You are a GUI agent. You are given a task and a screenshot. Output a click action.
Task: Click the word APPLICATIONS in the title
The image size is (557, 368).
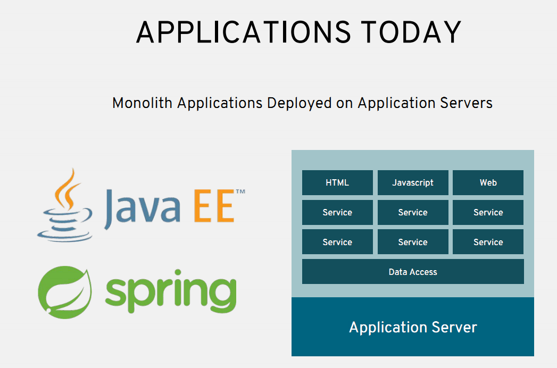pyautogui.click(x=243, y=32)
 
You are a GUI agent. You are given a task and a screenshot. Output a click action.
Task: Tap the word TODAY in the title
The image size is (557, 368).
pyautogui.click(x=411, y=32)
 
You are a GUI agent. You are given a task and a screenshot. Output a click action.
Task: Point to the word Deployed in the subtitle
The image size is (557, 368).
pyautogui.click(x=299, y=103)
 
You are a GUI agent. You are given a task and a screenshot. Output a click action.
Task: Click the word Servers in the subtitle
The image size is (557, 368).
pyautogui.click(x=466, y=103)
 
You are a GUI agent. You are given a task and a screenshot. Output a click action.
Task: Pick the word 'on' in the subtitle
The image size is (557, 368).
pyautogui.click(x=344, y=104)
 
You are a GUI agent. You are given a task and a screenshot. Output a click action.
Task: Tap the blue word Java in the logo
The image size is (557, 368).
pyautogui.click(x=142, y=209)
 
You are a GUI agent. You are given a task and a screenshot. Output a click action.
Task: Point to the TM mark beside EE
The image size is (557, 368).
pyautogui.click(x=240, y=191)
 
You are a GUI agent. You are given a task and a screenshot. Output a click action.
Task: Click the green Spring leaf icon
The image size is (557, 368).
pyautogui.click(x=65, y=292)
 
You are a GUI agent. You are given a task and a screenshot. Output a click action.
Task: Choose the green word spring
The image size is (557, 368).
pyautogui.click(x=171, y=291)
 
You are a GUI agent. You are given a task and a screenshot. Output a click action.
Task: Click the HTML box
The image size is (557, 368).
pyautogui.click(x=337, y=182)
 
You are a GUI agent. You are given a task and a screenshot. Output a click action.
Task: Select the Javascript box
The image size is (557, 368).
pyautogui.click(x=413, y=182)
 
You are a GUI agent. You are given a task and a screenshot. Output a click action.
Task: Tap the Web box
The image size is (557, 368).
pyautogui.click(x=488, y=182)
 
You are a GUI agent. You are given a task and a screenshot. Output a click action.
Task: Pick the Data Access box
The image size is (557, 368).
pyautogui.click(x=413, y=272)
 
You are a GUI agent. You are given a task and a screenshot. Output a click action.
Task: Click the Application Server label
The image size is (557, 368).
pyautogui.click(x=413, y=327)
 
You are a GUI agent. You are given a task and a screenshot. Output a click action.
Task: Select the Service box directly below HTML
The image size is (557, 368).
pyautogui.click(x=337, y=212)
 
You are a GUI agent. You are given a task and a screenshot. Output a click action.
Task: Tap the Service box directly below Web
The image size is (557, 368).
pyautogui.click(x=488, y=212)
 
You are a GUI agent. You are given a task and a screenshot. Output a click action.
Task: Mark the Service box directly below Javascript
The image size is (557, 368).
pyautogui.click(x=413, y=212)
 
